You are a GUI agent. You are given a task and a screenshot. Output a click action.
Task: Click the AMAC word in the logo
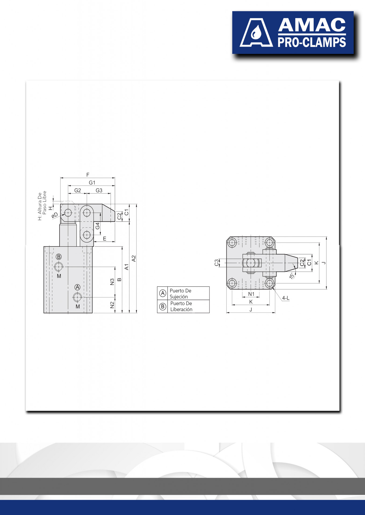click(312, 25)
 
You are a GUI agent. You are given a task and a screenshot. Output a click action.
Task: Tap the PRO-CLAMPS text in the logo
click(312, 42)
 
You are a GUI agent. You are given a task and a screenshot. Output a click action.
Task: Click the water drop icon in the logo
click(256, 33)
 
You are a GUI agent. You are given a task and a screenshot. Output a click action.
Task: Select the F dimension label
click(88, 175)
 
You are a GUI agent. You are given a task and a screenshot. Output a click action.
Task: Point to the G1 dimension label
click(92, 183)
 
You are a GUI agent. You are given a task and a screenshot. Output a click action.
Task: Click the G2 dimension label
click(78, 190)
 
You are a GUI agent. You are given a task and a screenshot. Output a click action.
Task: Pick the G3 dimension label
click(99, 190)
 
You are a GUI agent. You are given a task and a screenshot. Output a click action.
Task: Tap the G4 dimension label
click(97, 226)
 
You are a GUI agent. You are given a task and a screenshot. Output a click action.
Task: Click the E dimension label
click(104, 238)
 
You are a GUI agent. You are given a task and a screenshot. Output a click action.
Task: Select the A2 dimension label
click(133, 259)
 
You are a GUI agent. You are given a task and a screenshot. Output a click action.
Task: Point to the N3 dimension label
click(112, 282)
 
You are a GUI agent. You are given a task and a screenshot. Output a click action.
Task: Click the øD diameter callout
click(55, 215)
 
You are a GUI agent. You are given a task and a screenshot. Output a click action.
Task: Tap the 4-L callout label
click(286, 298)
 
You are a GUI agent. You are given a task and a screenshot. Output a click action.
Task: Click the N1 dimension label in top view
click(251, 294)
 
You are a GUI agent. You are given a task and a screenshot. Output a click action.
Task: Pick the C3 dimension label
click(216, 263)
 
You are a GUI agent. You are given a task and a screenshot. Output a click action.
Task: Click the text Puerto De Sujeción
click(180, 293)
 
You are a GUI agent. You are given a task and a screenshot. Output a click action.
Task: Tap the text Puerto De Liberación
click(181, 306)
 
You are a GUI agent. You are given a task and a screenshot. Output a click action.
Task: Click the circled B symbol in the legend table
click(162, 306)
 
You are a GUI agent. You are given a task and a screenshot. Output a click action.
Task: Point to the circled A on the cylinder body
click(77, 287)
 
